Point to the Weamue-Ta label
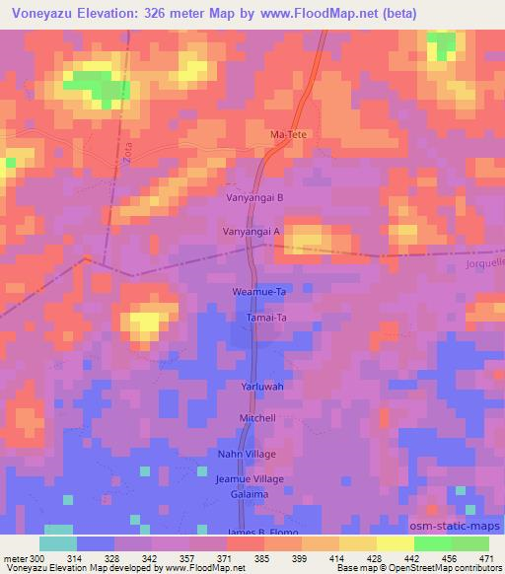pyautogui.click(x=258, y=293)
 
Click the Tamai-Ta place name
pyautogui.click(x=265, y=319)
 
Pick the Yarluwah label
pyautogui.click(x=262, y=387)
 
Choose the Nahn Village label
pyautogui.click(x=247, y=454)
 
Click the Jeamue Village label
pyautogui.click(x=250, y=478)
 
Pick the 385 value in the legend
pyautogui.click(x=263, y=557)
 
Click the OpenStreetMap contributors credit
pyautogui.click(x=455, y=568)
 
